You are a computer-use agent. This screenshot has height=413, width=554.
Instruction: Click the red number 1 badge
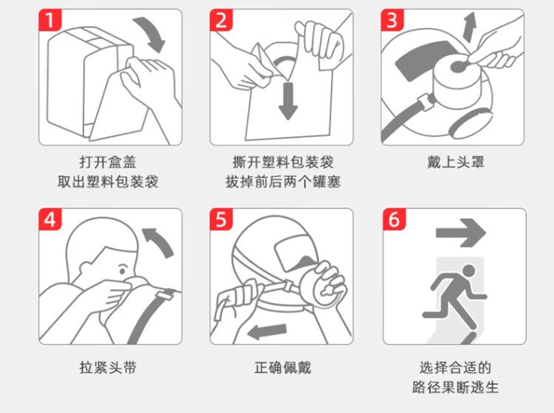(49, 20)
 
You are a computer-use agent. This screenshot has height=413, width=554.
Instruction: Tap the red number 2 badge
(221, 20)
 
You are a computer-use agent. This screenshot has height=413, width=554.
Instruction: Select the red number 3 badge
(392, 20)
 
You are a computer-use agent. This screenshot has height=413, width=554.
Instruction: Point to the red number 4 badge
(49, 219)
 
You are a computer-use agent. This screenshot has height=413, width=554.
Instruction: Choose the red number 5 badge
(221, 219)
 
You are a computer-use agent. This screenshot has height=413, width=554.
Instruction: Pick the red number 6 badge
(394, 219)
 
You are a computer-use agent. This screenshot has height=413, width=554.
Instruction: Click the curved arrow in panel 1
(152, 32)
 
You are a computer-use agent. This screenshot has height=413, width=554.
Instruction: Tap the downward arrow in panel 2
(288, 101)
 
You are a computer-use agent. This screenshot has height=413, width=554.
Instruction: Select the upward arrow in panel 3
(470, 27)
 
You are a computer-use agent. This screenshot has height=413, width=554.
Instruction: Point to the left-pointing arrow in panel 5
(267, 332)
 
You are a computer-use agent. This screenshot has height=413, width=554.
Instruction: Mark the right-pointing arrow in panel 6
(461, 233)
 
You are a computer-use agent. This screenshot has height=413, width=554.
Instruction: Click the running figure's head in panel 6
(469, 271)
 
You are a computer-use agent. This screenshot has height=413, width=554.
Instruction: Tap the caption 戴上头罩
(456, 162)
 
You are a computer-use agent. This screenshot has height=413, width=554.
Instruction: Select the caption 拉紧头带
(108, 367)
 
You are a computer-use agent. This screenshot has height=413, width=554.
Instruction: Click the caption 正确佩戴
(283, 367)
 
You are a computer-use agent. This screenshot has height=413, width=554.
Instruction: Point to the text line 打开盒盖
(108, 162)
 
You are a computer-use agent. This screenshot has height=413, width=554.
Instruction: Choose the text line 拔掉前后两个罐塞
(283, 182)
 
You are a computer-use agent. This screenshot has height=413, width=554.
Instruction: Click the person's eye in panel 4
(122, 271)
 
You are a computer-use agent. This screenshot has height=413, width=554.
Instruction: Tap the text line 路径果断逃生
(456, 387)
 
